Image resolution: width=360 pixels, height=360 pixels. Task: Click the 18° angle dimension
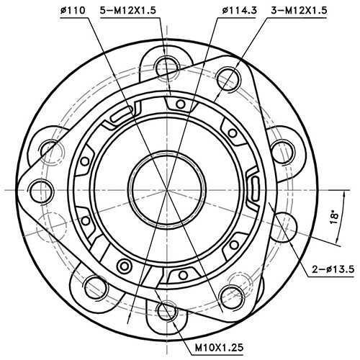coord(332,217)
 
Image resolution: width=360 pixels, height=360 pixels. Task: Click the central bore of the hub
coord(165,190)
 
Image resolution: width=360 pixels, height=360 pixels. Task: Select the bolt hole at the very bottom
coord(165,312)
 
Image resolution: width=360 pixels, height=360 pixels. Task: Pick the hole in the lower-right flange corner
coord(230,294)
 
